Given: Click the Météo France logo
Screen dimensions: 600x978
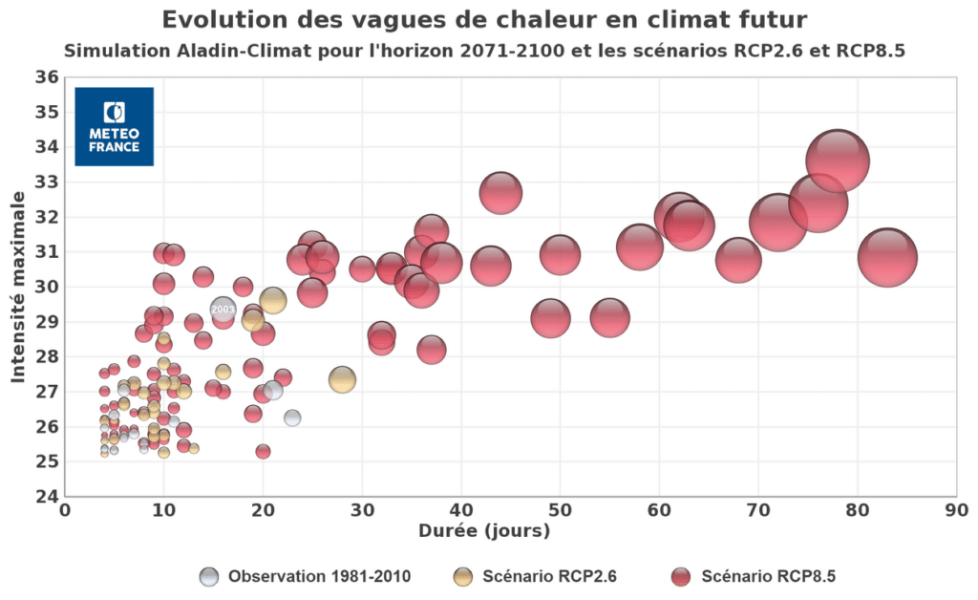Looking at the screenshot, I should click(114, 126).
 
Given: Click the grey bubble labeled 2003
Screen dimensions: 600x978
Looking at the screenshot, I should click(223, 310).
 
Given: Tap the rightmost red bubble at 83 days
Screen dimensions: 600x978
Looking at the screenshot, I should click(887, 257).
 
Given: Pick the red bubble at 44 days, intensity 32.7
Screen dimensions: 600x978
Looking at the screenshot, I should click(500, 193).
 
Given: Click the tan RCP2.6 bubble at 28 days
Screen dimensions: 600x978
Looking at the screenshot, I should click(342, 379).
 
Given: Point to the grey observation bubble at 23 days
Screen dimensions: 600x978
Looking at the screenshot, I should click(292, 418).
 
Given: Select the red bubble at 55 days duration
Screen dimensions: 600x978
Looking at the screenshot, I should click(609, 317).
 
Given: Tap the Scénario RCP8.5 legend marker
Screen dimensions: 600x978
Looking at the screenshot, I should click(680, 576).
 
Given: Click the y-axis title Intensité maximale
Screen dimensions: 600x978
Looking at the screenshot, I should click(17, 287).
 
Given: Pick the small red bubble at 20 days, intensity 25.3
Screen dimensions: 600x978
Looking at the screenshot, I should click(263, 451).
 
